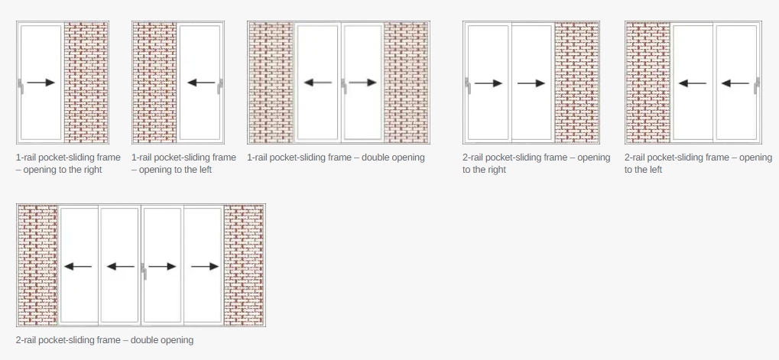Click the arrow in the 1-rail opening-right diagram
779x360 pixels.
tap(41, 83)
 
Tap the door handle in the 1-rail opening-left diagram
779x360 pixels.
tap(219, 86)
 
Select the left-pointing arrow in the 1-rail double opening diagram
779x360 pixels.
tap(317, 83)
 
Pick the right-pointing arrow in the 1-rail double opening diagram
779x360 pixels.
tap(362, 83)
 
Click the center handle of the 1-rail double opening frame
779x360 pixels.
tap(343, 86)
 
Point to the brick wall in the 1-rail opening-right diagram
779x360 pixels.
tap(86, 83)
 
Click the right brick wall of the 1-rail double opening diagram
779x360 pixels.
tap(407, 83)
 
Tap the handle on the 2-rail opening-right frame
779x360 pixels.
tap(468, 86)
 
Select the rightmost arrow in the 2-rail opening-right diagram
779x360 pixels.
tap(531, 83)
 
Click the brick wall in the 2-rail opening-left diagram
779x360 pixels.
tap(648, 83)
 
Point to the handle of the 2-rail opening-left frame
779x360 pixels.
tap(757, 86)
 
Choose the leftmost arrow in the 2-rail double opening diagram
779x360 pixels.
tap(78, 267)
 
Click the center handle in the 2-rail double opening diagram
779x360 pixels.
tap(144, 271)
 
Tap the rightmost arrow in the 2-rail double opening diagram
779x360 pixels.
tap(205, 267)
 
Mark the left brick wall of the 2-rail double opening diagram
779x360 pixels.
tap(37, 264)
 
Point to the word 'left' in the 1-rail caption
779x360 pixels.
tap(203, 170)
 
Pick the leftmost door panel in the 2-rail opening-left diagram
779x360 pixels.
tap(693, 83)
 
